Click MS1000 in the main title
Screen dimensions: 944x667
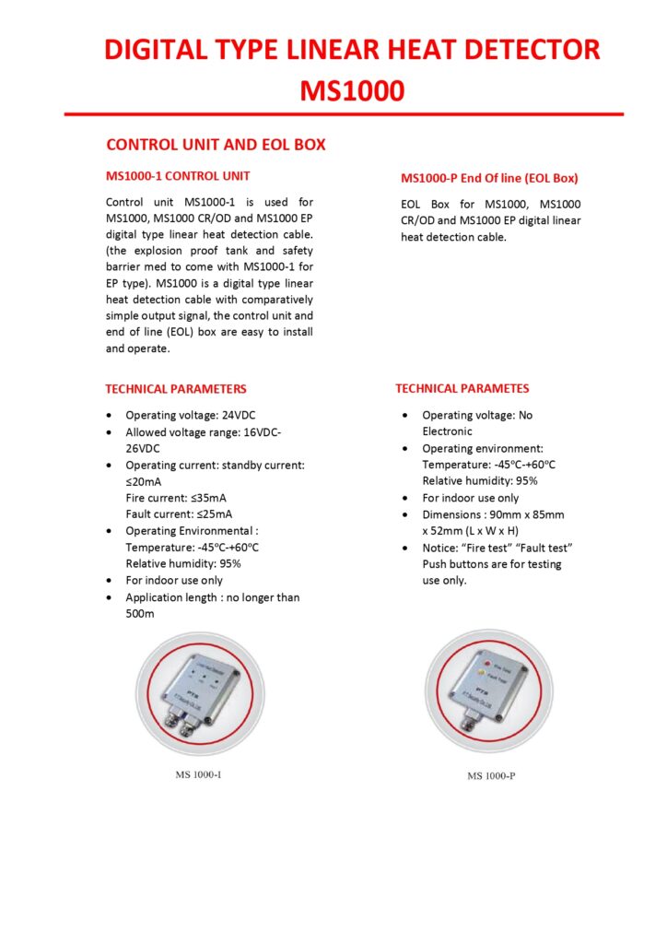(352, 90)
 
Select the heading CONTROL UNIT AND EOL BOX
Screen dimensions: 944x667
(216, 146)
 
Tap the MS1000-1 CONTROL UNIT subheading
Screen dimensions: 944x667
(178, 175)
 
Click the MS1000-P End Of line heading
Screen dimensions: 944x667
(489, 178)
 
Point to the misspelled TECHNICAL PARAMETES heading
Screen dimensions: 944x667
(462, 388)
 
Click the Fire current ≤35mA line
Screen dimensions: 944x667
(179, 497)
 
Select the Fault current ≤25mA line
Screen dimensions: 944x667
(179, 513)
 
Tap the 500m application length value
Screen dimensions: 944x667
(140, 613)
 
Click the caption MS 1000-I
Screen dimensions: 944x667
(198, 774)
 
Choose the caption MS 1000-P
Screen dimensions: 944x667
(491, 775)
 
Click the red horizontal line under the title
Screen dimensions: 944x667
(344, 114)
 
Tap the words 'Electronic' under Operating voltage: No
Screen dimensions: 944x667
(447, 431)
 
